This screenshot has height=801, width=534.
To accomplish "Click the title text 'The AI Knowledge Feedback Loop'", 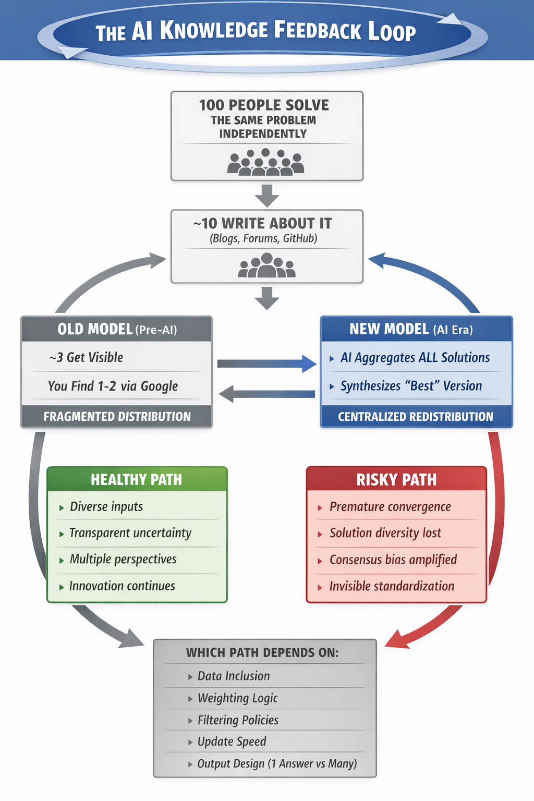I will click(256, 31).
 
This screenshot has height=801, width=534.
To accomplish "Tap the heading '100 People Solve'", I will click(264, 105).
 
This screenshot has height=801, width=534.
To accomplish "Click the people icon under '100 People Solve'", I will click(266, 162).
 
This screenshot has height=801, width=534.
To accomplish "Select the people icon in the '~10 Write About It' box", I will click(266, 265).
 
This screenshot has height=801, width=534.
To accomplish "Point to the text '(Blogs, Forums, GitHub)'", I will click(263, 239).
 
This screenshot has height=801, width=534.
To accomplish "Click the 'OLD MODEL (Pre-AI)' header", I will click(117, 330).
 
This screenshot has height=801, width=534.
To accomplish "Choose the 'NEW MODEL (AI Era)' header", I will click(411, 330).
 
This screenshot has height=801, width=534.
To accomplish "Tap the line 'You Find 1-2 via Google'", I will click(113, 386).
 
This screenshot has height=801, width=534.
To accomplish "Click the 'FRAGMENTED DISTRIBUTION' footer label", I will click(117, 417).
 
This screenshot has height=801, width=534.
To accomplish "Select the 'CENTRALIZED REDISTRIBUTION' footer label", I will click(415, 417).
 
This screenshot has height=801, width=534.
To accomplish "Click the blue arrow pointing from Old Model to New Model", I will click(266, 363).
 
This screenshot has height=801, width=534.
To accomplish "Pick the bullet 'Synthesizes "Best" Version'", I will click(411, 386).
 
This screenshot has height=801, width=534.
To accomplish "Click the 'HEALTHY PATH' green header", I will click(137, 480).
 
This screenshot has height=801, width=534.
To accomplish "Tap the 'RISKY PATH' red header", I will click(396, 480).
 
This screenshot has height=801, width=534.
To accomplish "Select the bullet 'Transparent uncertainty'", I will click(130, 533).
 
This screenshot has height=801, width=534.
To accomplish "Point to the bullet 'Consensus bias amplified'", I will click(393, 560).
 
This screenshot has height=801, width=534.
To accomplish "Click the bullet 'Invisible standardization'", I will click(392, 587).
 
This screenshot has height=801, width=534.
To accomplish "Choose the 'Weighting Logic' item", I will click(237, 698).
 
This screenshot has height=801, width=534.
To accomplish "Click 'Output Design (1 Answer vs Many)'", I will click(277, 764).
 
